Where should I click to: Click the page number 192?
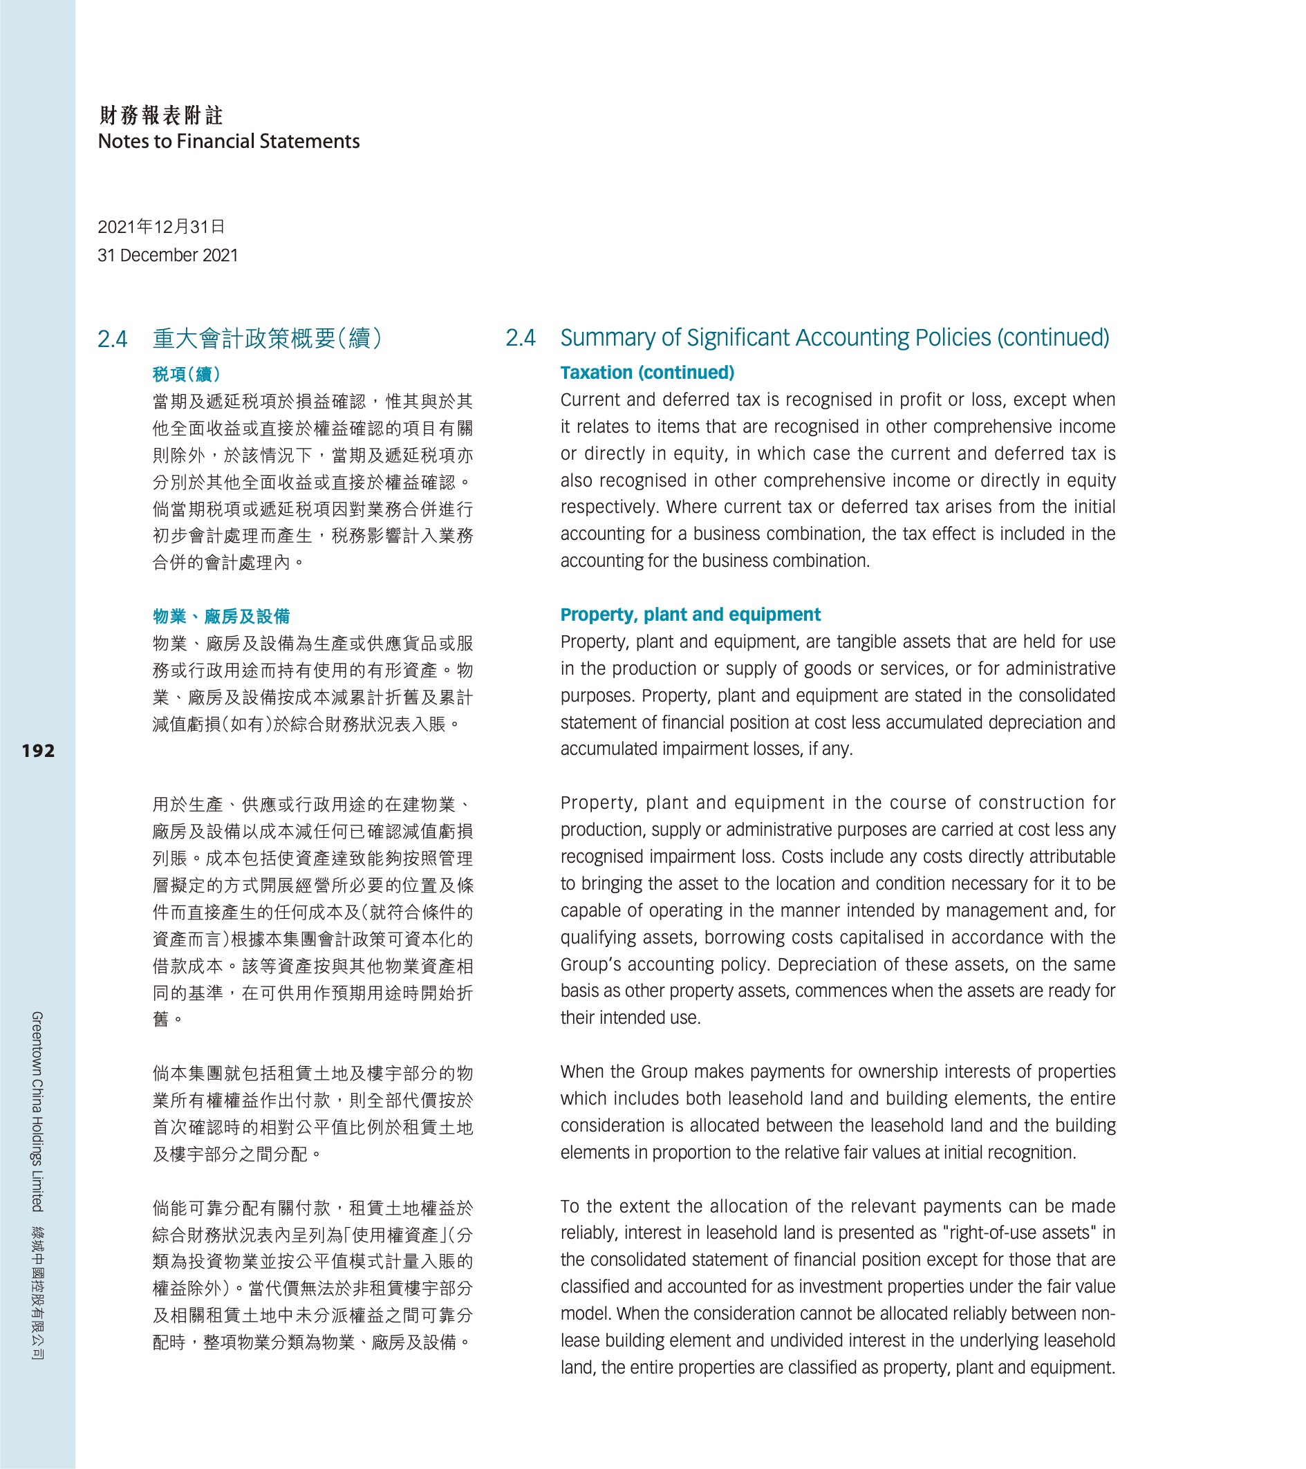point(38,751)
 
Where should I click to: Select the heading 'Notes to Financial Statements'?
point(229,142)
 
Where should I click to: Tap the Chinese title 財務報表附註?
point(161,115)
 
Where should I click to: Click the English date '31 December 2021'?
point(167,255)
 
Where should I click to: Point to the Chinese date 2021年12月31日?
point(161,227)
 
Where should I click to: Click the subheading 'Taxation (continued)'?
point(647,373)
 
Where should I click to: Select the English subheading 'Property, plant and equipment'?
point(690,615)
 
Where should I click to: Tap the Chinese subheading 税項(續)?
point(186,374)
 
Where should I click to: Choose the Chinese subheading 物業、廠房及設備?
point(221,616)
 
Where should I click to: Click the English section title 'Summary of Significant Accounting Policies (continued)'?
point(834,338)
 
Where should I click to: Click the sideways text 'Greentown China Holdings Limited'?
point(37,1111)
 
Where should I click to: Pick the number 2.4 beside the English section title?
point(521,338)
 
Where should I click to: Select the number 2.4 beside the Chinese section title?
point(113,339)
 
